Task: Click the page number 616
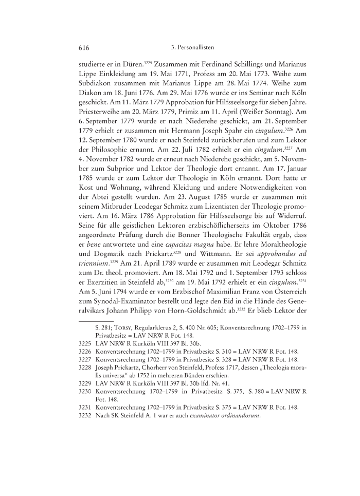click(84, 48)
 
